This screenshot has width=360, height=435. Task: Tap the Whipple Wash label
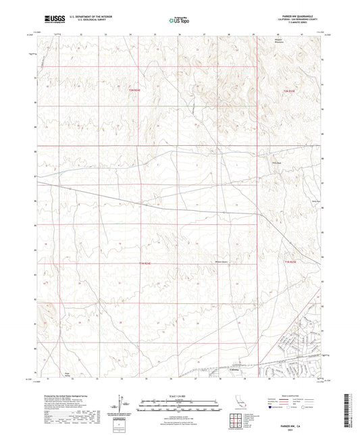pyautogui.click(x=218, y=255)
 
